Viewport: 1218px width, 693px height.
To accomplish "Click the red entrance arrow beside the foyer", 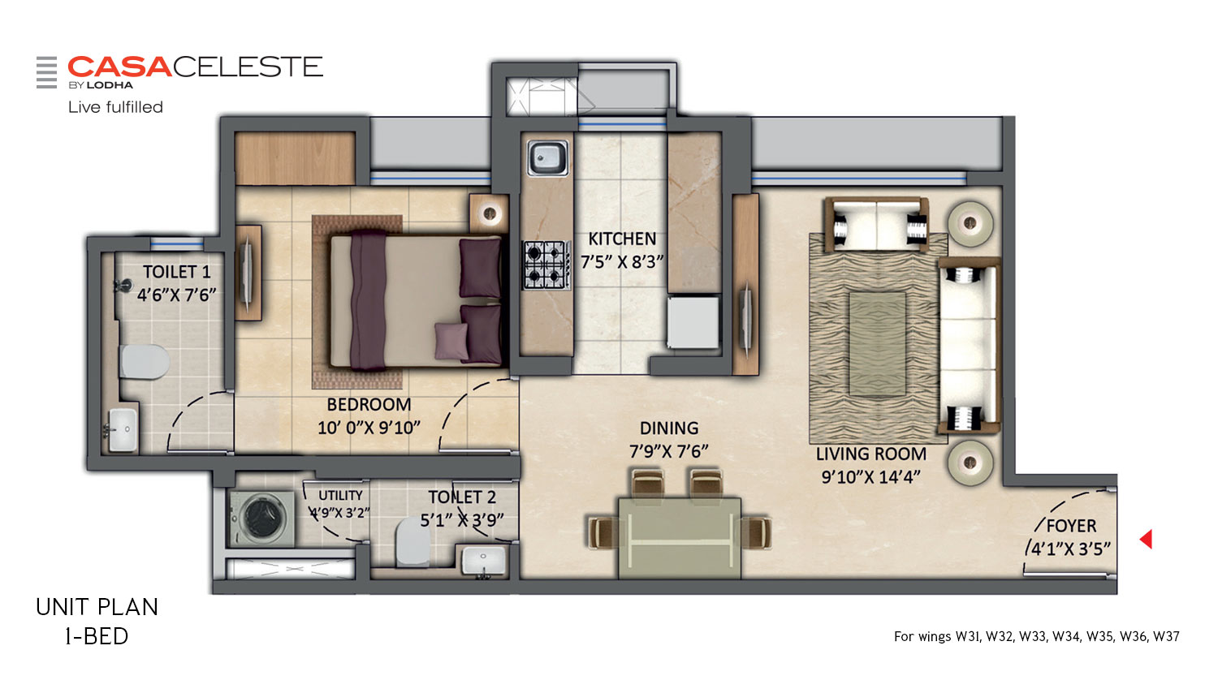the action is (1147, 539).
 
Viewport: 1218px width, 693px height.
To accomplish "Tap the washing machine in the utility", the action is (262, 519).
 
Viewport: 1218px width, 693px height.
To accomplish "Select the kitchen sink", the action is (547, 157).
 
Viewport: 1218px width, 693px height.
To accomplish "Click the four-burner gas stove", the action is (547, 265).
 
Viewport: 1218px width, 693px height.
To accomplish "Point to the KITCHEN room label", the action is (622, 239).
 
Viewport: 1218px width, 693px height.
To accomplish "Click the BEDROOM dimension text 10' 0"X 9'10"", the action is (369, 428).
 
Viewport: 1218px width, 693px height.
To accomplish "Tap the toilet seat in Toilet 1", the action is (144, 361).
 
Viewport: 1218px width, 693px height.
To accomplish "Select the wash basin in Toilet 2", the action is (483, 560).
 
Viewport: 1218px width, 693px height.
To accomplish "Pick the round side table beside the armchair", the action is (970, 223).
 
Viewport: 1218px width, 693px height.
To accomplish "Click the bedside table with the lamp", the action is (489, 213).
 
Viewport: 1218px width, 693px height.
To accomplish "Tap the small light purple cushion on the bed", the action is (451, 341).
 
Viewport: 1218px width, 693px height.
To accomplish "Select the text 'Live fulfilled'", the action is (116, 107).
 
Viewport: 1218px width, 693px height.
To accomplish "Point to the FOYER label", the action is (1071, 526).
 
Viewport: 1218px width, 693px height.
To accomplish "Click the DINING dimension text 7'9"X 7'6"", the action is (669, 451).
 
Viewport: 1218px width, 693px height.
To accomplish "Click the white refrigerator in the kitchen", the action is (693, 322).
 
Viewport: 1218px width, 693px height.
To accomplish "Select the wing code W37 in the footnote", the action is (1166, 636).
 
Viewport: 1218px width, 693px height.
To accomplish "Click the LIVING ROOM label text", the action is (870, 454).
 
